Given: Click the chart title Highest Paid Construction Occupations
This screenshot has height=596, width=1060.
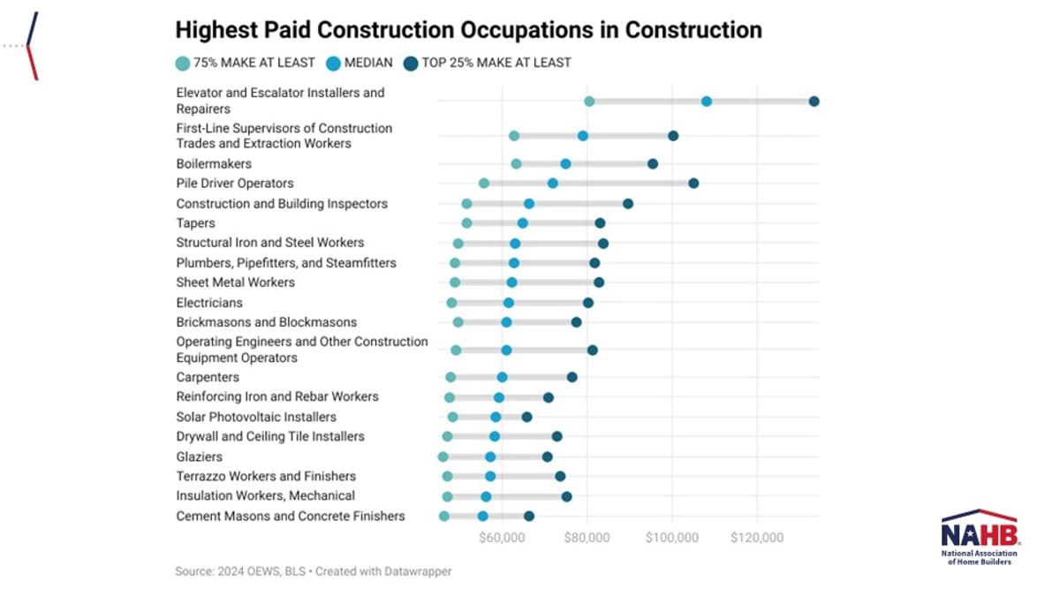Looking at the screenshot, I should pos(468,29).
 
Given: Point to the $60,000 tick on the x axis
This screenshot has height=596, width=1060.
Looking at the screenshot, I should pos(503,537).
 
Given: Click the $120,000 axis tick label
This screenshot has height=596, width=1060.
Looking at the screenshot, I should pos(757,537).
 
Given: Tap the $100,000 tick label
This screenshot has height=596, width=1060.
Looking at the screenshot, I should pos(672,537).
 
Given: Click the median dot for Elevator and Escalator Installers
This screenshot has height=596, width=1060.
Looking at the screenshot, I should pos(707,102).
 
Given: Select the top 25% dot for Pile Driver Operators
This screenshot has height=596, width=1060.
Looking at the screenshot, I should pos(693,183).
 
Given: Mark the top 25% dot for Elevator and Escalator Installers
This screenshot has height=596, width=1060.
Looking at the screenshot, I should pos(814,102).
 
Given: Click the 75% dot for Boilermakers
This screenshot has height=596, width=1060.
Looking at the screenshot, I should pos(516,163).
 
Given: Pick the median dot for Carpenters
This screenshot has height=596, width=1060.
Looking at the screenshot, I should pos(502,377).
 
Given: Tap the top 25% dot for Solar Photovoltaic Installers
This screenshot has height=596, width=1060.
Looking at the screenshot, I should pos(527,417).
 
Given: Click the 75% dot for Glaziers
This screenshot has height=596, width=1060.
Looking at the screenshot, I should pos(443,456).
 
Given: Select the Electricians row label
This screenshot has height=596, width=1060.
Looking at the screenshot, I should pos(209,303).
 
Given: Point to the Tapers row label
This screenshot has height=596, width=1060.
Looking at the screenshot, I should pos(195,223).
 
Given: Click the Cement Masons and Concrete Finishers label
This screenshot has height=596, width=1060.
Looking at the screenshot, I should pos(291,516).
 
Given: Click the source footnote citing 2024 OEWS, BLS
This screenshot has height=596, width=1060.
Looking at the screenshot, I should pos(313,571).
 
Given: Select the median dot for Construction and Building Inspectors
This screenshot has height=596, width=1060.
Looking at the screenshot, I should pos(529,203).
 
